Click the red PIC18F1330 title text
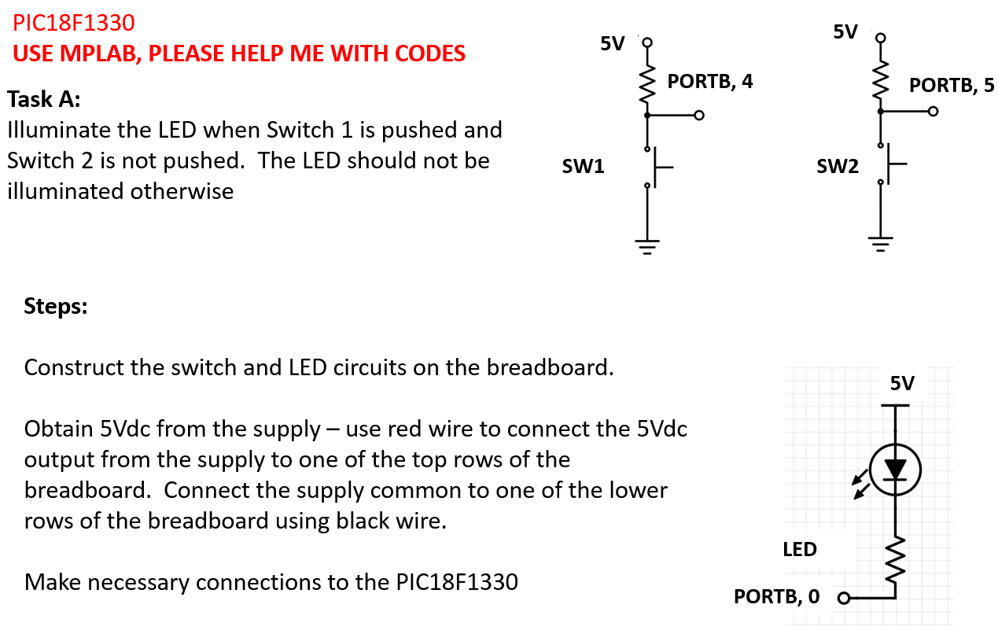tap(74, 22)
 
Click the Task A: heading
tap(44, 100)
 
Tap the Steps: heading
tap(56, 305)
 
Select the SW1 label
tap(583, 166)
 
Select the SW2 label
tap(837, 166)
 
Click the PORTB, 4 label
tap(709, 81)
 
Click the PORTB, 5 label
tap(952, 85)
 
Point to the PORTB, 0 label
tap(776, 596)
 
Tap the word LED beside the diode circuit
tap(800, 549)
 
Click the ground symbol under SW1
tap(647, 247)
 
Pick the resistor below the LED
tap(894, 555)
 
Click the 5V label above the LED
tap(902, 383)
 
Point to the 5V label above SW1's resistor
tap(612, 43)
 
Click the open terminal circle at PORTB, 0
tap(844, 599)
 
